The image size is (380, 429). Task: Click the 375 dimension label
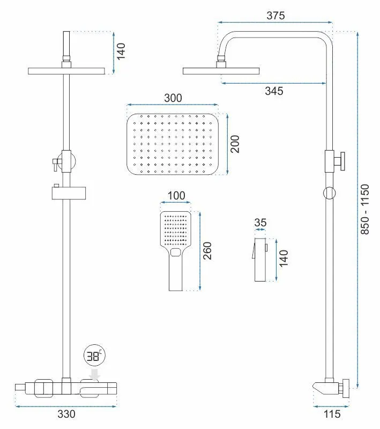coord(275,16)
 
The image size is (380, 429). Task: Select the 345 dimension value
coord(274,91)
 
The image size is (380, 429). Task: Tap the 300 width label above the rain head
coord(173,98)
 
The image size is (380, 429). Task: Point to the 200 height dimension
coord(235,144)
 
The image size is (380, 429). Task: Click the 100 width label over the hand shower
coord(176,196)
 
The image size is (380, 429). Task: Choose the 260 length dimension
coord(208,251)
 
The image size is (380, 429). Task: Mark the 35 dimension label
coord(261,222)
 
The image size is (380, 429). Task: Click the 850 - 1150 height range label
coord(366,209)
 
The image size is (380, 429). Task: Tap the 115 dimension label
coord(330,414)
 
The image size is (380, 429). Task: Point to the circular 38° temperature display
coord(95,357)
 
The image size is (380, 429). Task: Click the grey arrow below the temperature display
coord(95,374)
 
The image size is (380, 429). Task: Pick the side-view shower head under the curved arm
coord(220,70)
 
